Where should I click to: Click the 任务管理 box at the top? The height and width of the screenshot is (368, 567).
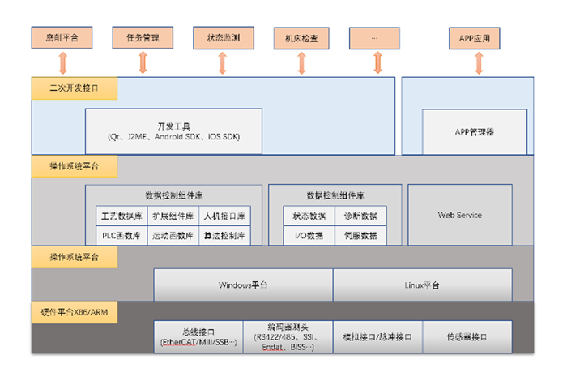click(x=143, y=37)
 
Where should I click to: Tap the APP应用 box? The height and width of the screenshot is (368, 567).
click(x=474, y=37)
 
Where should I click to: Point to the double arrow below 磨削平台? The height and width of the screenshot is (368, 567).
click(x=62, y=62)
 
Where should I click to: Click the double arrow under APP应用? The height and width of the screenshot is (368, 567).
click(x=478, y=62)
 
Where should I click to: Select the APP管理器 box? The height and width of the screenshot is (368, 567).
click(x=474, y=131)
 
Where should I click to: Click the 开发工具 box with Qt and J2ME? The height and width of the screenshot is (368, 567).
click(x=174, y=131)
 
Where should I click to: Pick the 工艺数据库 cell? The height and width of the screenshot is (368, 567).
click(x=122, y=216)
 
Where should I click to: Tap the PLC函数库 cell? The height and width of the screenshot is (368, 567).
click(x=122, y=236)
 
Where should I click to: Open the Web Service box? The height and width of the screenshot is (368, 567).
click(x=459, y=215)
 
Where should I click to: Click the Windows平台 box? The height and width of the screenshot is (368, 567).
click(x=243, y=285)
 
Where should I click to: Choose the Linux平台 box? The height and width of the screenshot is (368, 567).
click(x=422, y=285)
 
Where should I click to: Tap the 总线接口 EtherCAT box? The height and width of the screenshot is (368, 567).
click(x=198, y=336)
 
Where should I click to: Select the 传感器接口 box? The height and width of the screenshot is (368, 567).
click(x=467, y=336)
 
